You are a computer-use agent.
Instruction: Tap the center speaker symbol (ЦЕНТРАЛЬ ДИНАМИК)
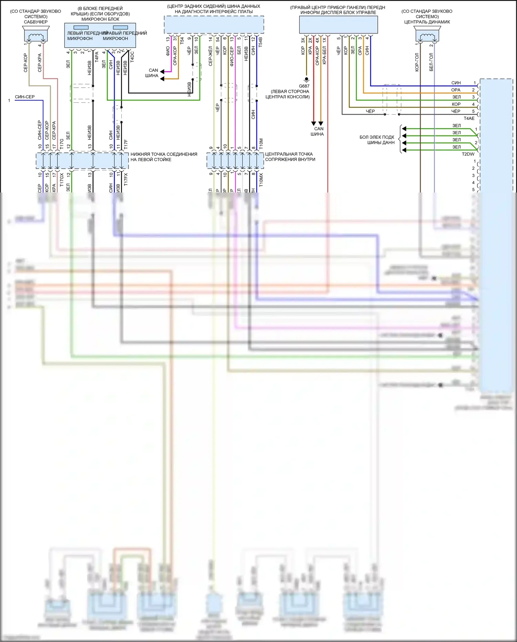tap(427, 34)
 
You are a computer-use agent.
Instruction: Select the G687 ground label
tap(304, 86)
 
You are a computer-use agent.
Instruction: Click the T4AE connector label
tap(469, 118)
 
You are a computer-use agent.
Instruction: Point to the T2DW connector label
tap(468, 154)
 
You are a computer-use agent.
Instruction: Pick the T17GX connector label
tap(62, 180)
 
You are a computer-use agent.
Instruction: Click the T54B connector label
tap(261, 42)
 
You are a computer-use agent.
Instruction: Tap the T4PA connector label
tap(97, 57)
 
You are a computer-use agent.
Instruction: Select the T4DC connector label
tap(132, 57)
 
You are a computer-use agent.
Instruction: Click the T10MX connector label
tap(261, 180)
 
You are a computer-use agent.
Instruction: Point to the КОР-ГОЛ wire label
tap(417, 62)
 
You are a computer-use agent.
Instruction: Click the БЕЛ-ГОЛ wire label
tap(431, 62)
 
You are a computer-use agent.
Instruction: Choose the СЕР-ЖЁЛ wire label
tap(211, 56)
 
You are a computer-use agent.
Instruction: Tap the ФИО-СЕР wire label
tap(232, 56)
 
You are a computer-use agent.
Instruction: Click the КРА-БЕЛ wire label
tap(324, 55)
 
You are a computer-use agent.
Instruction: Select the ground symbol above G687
tap(306, 80)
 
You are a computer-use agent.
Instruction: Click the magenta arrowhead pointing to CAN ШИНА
tap(162, 72)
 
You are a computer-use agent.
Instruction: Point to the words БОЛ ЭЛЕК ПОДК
tap(377, 137)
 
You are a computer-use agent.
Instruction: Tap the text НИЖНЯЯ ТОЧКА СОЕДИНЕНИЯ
tap(164, 154)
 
